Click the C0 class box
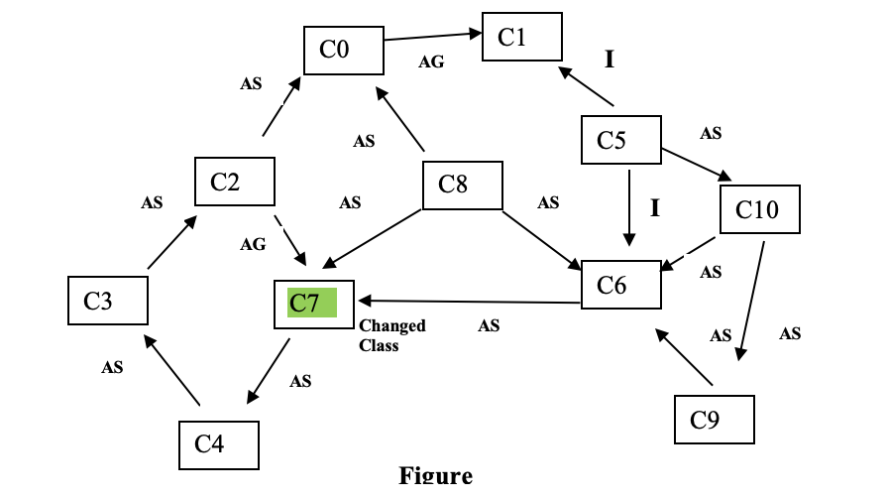pyautogui.click(x=344, y=49)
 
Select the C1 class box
pyautogui.click(x=522, y=38)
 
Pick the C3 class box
pyautogui.click(x=108, y=302)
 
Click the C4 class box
pyautogui.click(x=219, y=443)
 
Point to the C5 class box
pyautogui.click(x=620, y=141)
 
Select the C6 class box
pyautogui.click(x=621, y=285)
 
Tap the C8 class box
pyautogui.click(x=463, y=186)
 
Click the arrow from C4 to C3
pyautogui.click(x=173, y=370)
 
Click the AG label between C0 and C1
pyautogui.click(x=431, y=62)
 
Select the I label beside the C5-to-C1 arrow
pyautogui.click(x=610, y=60)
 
